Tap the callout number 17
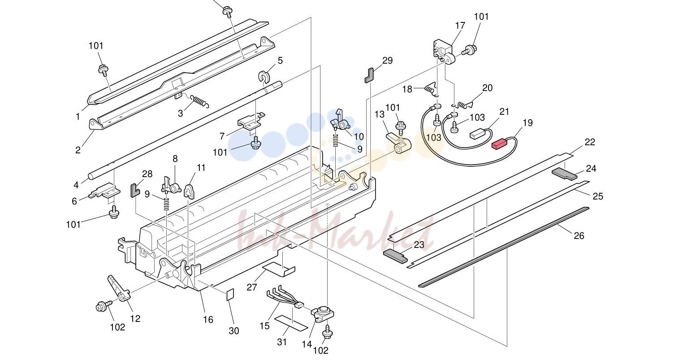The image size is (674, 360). click(x=460, y=26)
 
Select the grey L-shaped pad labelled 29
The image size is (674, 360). click(x=369, y=75)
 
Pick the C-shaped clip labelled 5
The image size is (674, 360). click(x=264, y=77)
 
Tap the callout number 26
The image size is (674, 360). click(x=579, y=236)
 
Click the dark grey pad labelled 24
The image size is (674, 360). click(x=565, y=174)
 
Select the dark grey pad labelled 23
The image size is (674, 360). click(x=395, y=256)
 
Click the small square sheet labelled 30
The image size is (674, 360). click(x=230, y=295)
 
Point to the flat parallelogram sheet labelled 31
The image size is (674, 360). click(x=292, y=323)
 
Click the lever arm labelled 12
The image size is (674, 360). click(x=118, y=288)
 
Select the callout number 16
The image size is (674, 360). click(x=208, y=320)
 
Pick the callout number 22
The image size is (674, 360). click(x=590, y=142)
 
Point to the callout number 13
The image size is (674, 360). click(x=380, y=114)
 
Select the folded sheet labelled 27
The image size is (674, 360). click(x=279, y=269)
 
